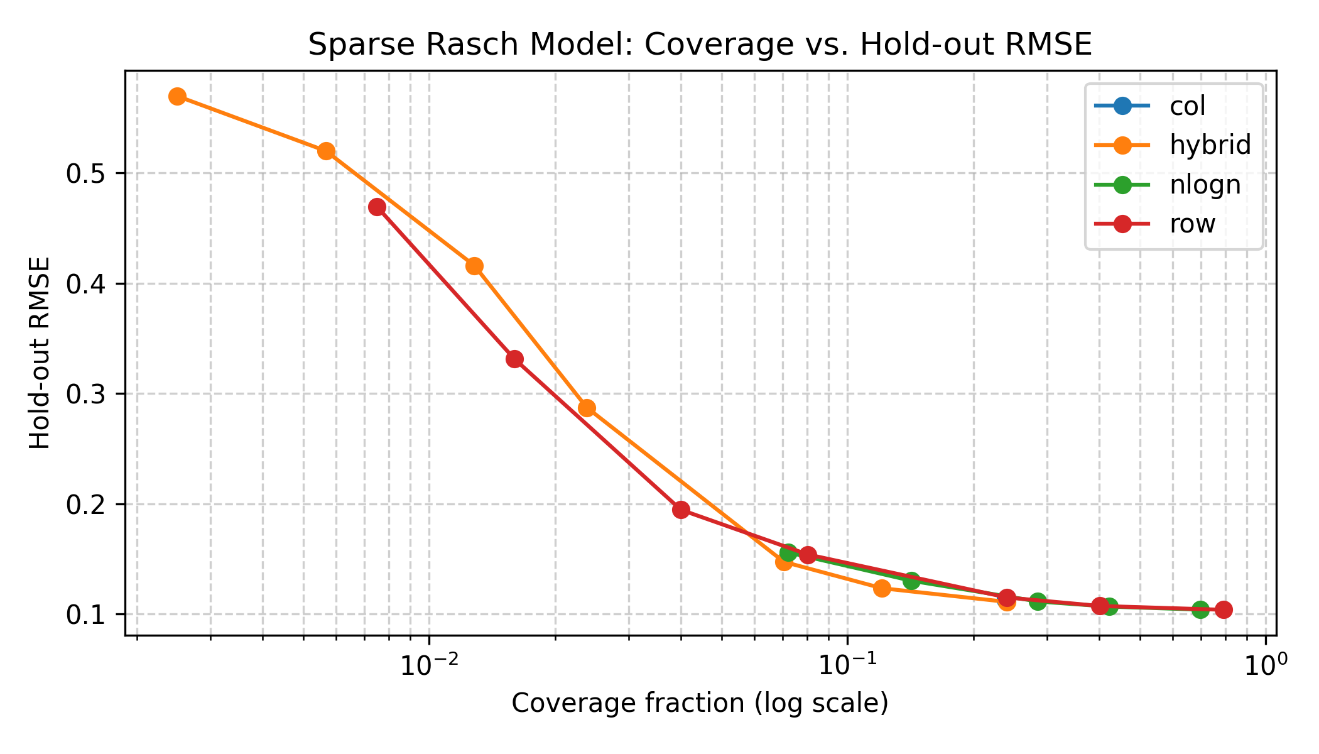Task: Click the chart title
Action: [x=700, y=45]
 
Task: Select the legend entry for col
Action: [x=1187, y=106]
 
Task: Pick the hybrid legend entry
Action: [x=1210, y=145]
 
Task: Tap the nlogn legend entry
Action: [x=1205, y=185]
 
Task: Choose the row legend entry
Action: [x=1192, y=224]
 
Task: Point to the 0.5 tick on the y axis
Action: [x=85, y=173]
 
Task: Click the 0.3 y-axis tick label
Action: [x=85, y=394]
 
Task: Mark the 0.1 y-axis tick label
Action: [x=85, y=615]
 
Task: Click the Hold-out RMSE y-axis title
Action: [x=40, y=352]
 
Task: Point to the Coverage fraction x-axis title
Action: [x=700, y=703]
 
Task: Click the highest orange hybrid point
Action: [x=177, y=96]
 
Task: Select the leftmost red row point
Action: [x=377, y=207]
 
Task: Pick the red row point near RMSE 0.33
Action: [x=515, y=359]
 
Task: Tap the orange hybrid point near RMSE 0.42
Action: [x=475, y=266]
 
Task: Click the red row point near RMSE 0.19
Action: [x=681, y=510]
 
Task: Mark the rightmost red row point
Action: [x=1224, y=609]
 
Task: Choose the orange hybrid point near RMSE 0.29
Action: [x=587, y=408]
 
